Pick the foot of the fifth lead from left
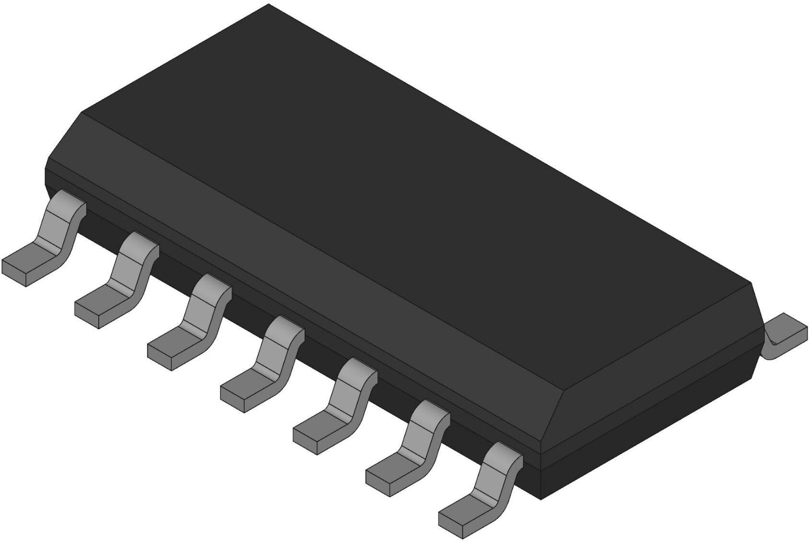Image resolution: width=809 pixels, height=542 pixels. (319, 429)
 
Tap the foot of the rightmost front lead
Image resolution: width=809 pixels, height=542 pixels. (465, 513)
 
